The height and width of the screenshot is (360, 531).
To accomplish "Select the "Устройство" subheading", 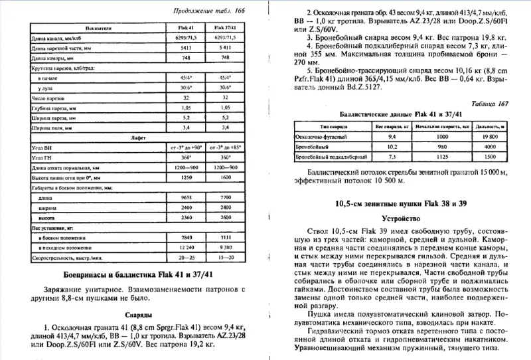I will click(x=402, y=217).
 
